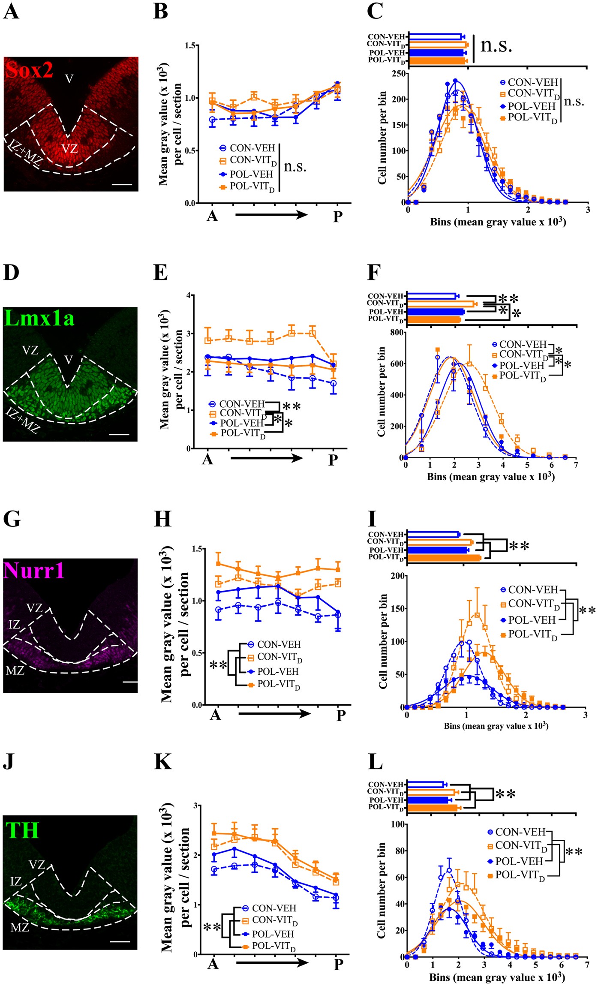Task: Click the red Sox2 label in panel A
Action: (29, 70)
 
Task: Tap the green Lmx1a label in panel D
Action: (39, 318)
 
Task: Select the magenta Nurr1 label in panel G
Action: (34, 570)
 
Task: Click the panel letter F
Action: (375, 272)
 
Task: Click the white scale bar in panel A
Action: (123, 185)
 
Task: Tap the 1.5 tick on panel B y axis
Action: (191, 45)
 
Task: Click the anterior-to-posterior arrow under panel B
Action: (271, 214)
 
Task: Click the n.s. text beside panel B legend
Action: (295, 166)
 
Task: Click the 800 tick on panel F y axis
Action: (397, 332)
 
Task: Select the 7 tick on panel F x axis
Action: (576, 465)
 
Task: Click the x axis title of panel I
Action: (496, 726)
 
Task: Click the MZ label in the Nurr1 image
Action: (15, 670)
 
